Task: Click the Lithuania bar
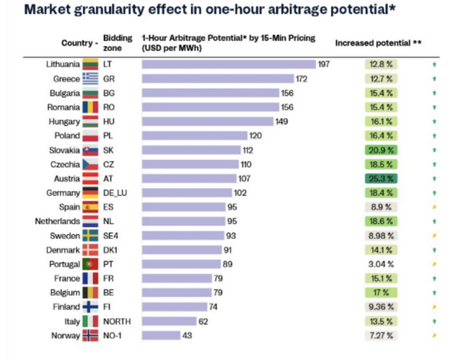pos(228,64)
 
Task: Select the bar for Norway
pos(161,336)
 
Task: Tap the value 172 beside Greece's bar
pos(301,79)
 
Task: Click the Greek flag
pos(90,79)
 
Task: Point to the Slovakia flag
pos(90,150)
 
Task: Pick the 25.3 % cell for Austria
pos(381,178)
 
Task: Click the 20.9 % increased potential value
pos(381,150)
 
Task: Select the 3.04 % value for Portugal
pos(381,264)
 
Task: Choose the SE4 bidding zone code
pos(111,236)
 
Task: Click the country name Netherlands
pos(58,221)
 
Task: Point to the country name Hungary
pos(65,121)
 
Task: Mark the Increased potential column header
pos(378,42)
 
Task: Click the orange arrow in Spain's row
pos(434,207)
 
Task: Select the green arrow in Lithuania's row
pos(434,64)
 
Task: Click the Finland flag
pos(90,307)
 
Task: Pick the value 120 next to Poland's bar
pos(256,136)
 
